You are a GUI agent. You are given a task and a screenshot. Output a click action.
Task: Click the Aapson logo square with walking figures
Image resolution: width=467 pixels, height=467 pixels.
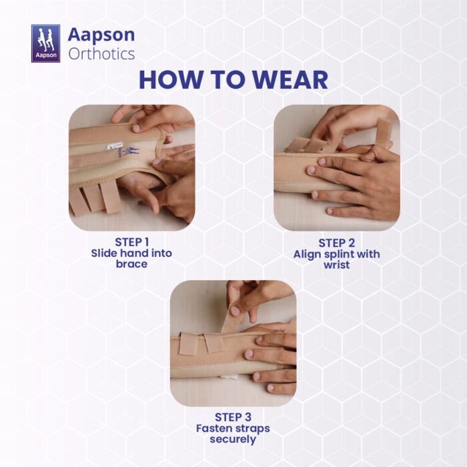45,43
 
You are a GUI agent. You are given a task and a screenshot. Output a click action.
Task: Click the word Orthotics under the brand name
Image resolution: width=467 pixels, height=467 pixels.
101,54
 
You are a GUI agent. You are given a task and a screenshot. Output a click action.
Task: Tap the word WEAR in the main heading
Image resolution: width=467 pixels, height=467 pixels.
290,80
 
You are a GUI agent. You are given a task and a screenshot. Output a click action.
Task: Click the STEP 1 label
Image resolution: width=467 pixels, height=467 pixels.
131,242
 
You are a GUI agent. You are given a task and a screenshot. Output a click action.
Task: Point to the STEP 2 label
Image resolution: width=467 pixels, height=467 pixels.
336,243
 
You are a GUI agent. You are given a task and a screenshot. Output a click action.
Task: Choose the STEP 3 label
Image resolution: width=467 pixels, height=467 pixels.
233,417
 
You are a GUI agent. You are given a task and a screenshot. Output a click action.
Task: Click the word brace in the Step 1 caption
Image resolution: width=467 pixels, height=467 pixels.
131,264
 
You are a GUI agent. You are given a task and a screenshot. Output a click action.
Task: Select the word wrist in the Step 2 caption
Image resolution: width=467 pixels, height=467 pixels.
336,265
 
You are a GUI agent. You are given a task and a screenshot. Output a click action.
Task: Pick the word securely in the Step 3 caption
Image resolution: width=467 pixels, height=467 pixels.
233,439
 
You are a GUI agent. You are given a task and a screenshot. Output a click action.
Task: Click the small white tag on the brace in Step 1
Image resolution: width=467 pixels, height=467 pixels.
111,146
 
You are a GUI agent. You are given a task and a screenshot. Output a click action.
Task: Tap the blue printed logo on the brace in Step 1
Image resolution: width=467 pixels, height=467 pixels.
128,152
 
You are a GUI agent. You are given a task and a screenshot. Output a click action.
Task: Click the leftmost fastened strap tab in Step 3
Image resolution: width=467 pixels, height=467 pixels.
188,344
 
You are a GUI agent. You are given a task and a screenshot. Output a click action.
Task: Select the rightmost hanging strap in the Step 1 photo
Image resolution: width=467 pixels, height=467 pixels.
109,197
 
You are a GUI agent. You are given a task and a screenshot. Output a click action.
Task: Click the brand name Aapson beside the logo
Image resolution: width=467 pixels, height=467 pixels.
101,35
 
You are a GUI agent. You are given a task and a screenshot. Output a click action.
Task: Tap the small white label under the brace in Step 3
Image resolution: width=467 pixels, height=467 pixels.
229,377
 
